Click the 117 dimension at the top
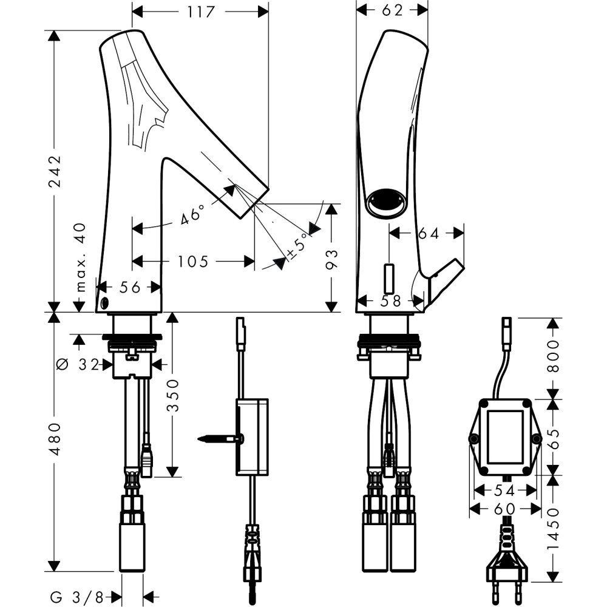[200, 12]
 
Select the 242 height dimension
[55, 171]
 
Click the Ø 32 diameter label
[81, 364]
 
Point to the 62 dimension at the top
[393, 10]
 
